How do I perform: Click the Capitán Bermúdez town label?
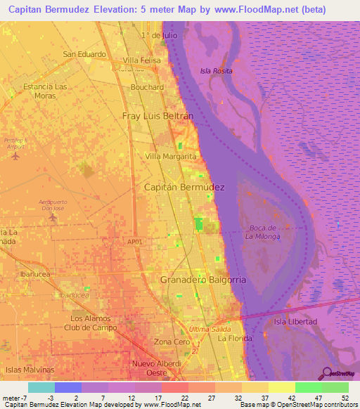tap(184, 188)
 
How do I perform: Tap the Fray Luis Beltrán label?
tap(157, 115)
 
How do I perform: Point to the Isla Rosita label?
tap(216, 71)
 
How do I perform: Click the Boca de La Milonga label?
tap(263, 232)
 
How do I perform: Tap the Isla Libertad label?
tap(295, 321)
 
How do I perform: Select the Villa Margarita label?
tap(170, 156)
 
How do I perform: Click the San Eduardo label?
tap(84, 54)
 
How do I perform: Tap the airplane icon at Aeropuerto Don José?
tap(53, 217)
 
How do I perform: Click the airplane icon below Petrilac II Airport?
tap(15, 156)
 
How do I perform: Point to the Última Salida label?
tap(209, 330)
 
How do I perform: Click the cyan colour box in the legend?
tap(41, 387)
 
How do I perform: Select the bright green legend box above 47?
tap(308, 387)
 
